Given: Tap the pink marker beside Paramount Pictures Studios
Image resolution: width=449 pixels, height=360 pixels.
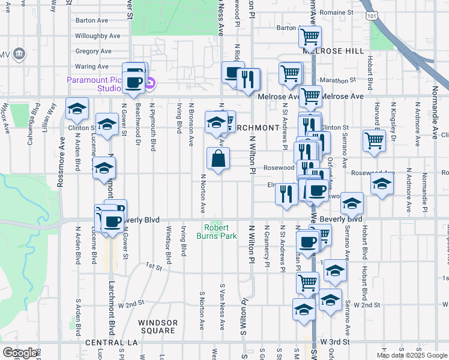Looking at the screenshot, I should tap(150, 83).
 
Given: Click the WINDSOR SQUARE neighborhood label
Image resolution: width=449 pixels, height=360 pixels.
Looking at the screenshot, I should tap(158, 326).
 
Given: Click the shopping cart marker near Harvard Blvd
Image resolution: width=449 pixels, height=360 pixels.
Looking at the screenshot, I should tap(374, 141).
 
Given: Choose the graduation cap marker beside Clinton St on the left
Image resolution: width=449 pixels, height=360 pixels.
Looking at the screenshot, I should tap(77, 110).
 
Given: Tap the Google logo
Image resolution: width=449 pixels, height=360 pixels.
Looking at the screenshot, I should tap(20, 353).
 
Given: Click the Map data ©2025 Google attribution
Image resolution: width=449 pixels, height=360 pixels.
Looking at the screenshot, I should tap(412, 355).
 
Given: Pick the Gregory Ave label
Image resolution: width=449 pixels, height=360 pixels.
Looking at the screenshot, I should tap(94, 52).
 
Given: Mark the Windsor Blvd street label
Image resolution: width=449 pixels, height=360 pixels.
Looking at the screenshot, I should tap(169, 245).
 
